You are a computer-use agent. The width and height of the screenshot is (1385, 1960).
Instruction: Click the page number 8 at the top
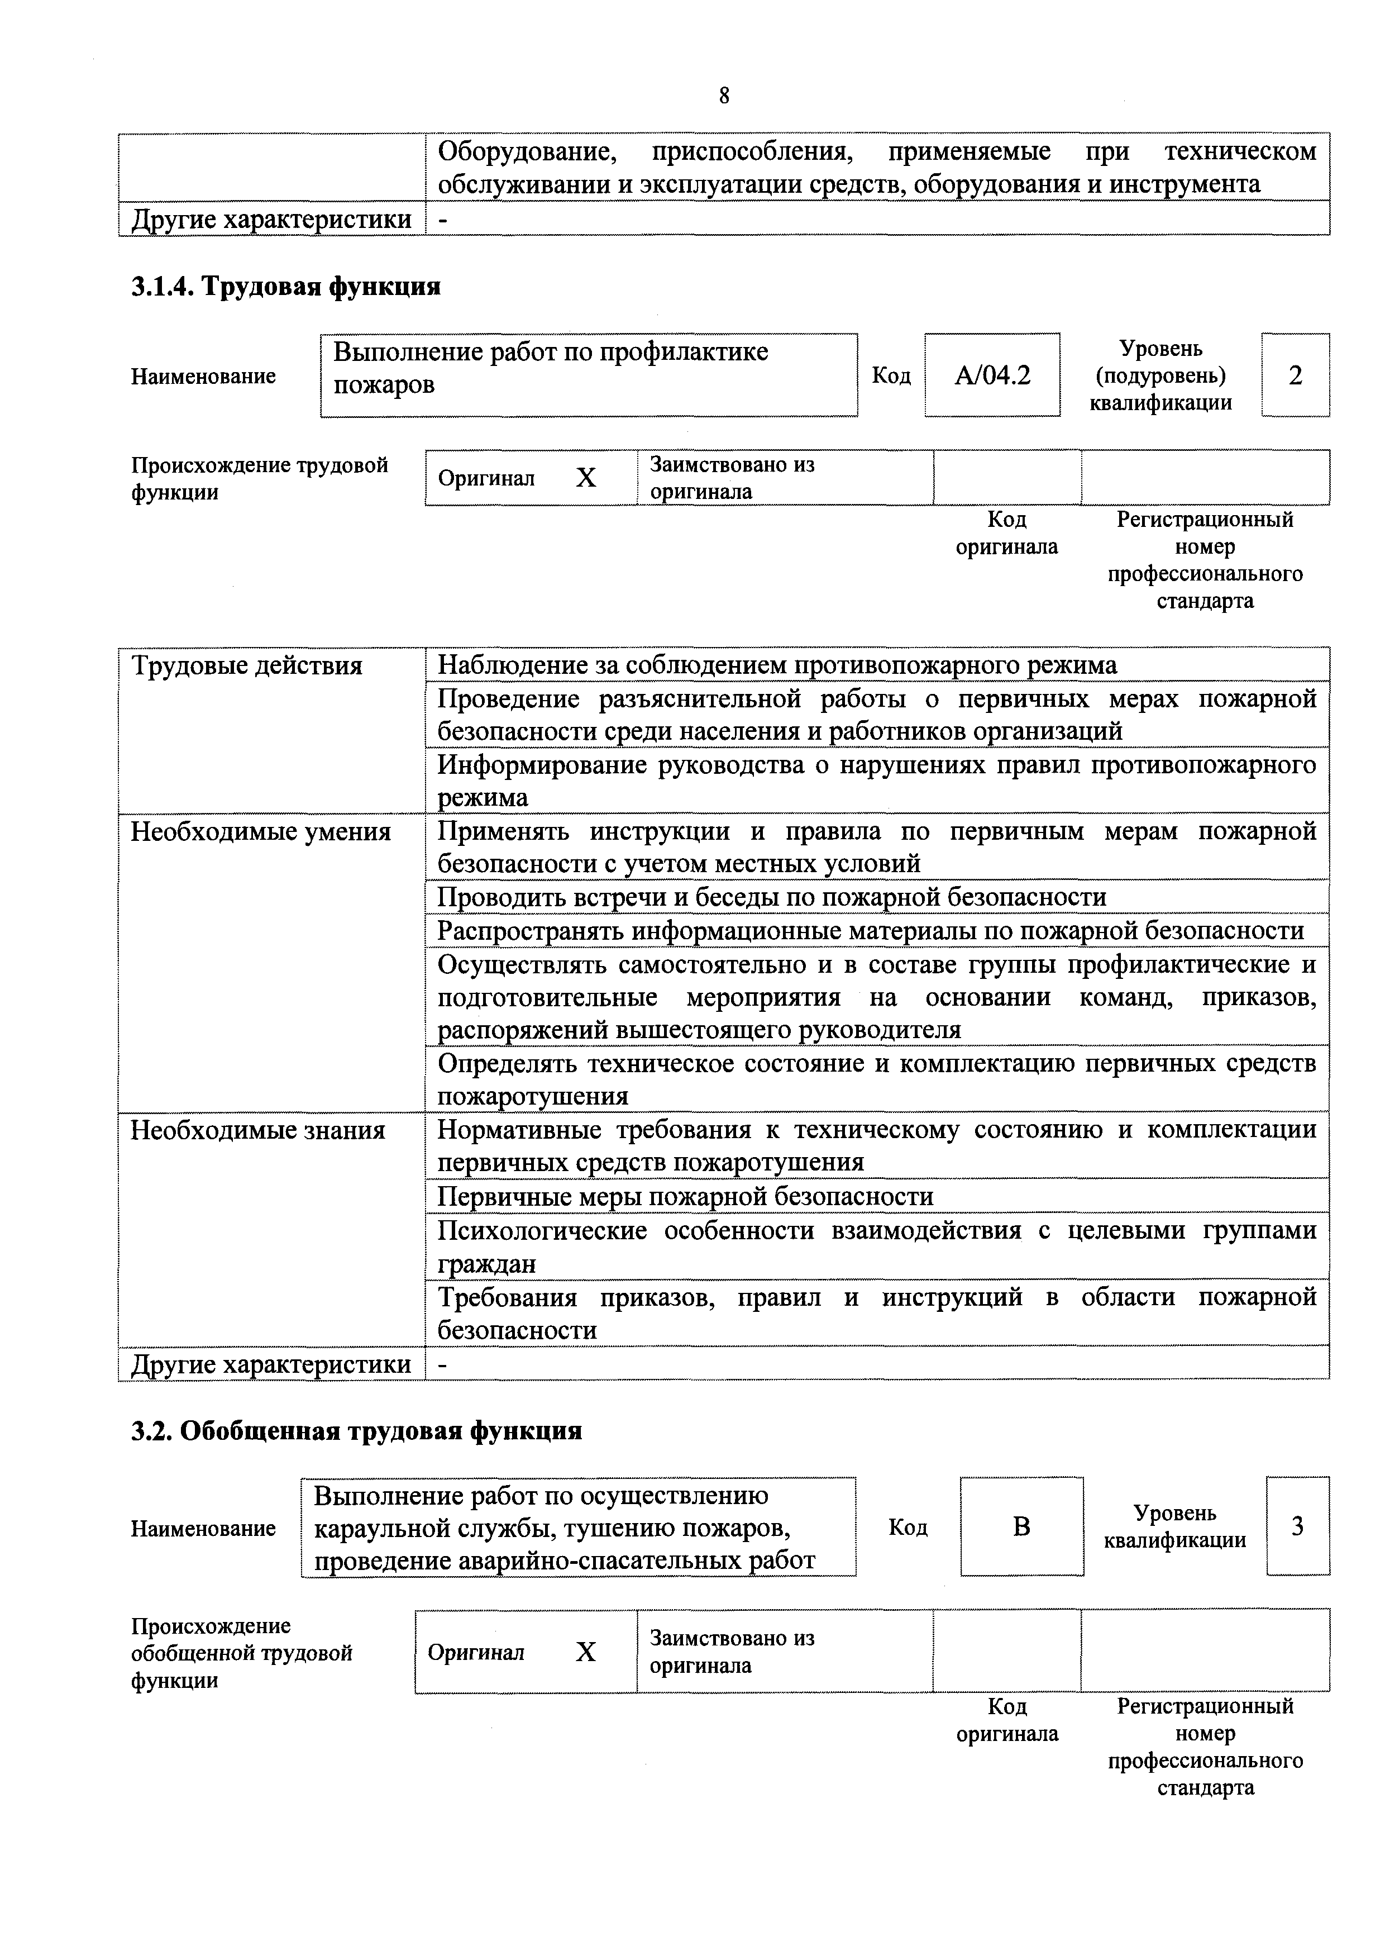click(724, 96)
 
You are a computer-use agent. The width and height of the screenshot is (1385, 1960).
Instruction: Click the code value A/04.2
click(992, 375)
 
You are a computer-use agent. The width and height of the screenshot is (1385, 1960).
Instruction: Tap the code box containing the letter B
click(1021, 1525)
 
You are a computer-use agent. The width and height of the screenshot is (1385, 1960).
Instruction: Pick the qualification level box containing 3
click(1297, 1525)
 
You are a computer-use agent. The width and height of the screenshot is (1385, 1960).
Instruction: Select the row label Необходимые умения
click(260, 831)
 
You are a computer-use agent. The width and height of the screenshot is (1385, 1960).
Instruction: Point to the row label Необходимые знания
click(257, 1130)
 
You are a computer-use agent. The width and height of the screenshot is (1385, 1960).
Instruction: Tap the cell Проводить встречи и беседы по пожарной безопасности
click(771, 896)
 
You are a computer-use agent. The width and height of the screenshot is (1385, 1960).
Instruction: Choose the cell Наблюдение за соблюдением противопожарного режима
click(777, 665)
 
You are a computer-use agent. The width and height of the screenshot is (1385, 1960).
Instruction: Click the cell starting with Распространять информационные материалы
click(871, 930)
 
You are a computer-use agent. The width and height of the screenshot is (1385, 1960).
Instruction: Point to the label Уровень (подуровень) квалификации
click(1160, 375)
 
